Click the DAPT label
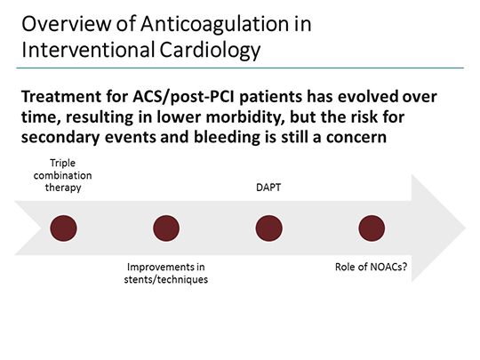[x=268, y=188]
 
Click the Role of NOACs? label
[x=371, y=267]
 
